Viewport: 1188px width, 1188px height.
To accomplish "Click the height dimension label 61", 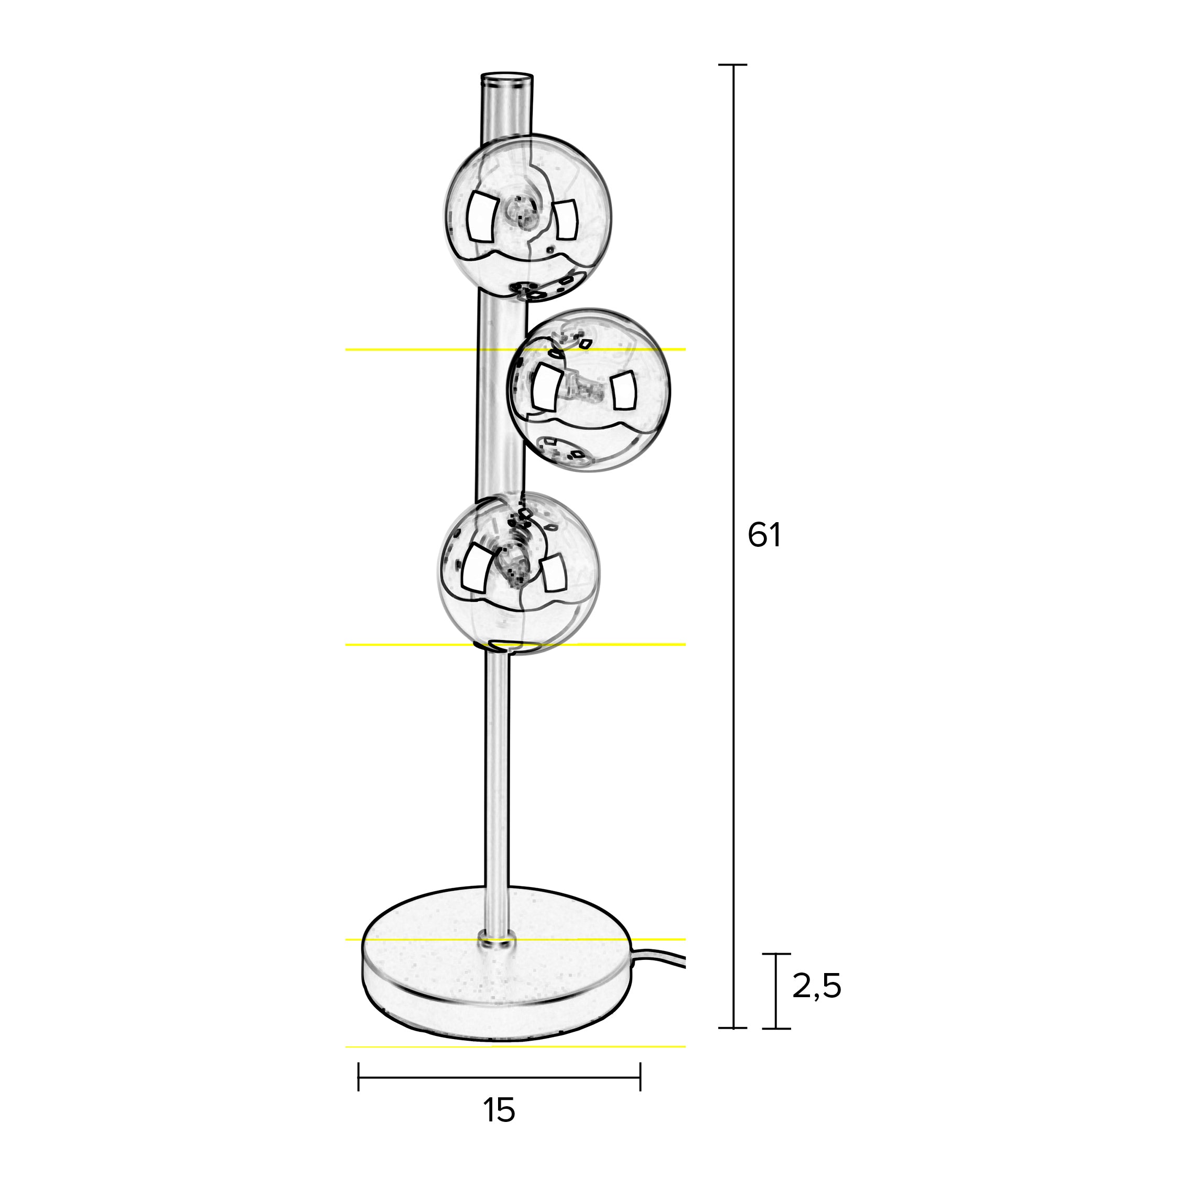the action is [764, 536].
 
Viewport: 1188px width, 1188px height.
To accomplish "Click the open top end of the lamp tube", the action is [506, 79].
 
